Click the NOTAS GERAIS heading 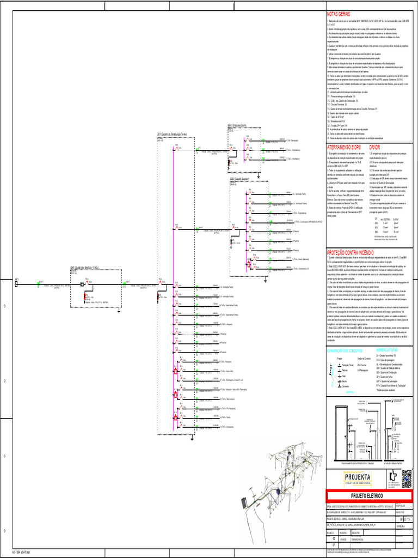pos(338,14)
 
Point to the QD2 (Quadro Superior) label pos(239,179)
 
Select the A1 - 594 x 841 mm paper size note pos(17,553)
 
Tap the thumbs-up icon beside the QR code pos(392,477)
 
